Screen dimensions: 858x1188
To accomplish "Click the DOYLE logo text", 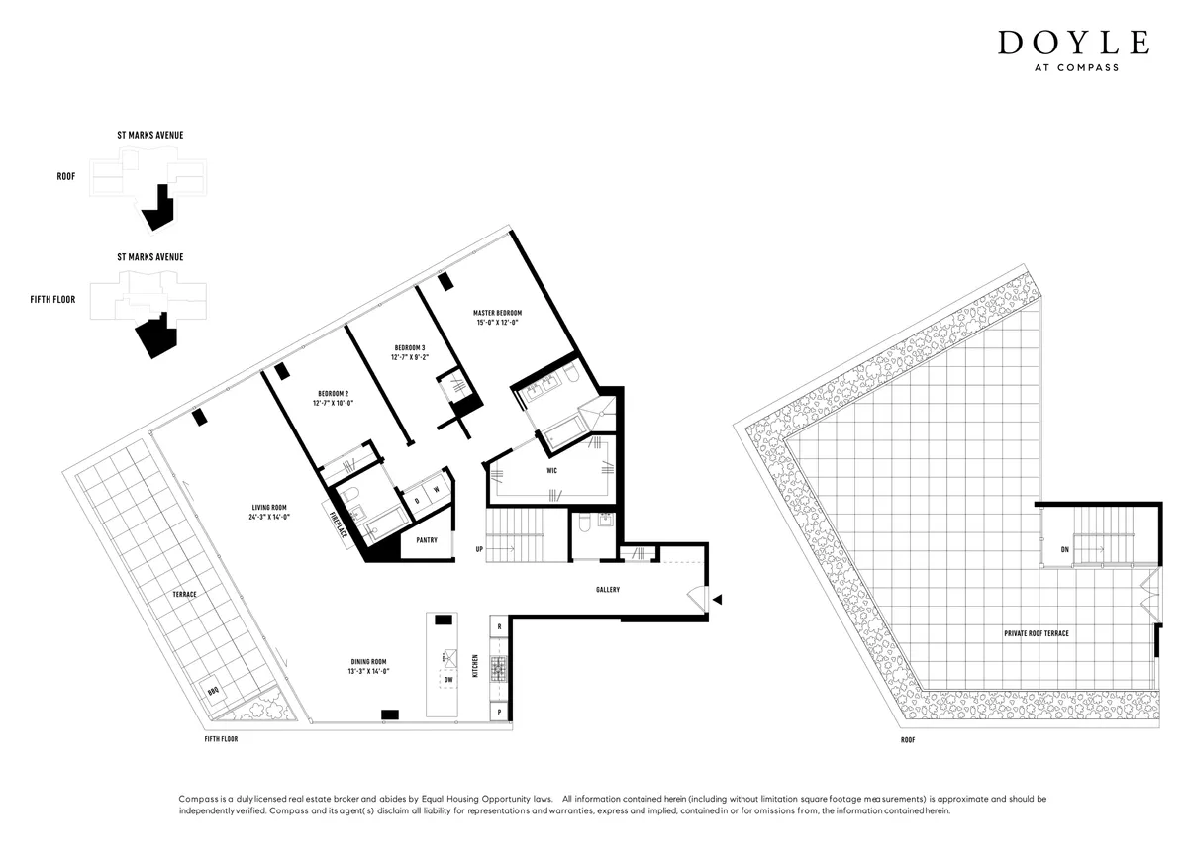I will tap(1073, 44).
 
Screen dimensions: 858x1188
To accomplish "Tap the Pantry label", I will tap(427, 540).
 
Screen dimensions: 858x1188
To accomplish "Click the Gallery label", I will tap(608, 590).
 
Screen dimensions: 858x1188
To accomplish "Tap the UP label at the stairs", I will tap(480, 548).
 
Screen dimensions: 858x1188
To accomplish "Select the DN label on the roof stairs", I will tap(1064, 548).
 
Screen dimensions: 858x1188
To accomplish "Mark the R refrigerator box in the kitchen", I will tap(500, 627).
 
